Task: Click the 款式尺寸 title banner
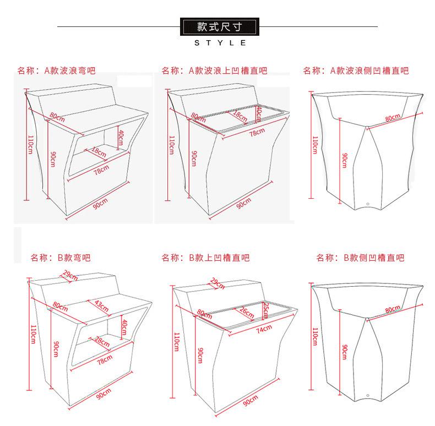(219, 26)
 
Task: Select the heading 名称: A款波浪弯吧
(57, 70)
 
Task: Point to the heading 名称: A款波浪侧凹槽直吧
(356, 70)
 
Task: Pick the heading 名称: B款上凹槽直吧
(205, 257)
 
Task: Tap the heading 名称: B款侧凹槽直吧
(360, 257)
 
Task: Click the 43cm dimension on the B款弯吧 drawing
(101, 304)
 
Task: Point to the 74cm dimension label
(264, 329)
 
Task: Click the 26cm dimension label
(246, 313)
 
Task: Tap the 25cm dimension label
(265, 310)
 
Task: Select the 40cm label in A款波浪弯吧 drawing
(121, 135)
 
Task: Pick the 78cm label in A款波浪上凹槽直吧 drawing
(257, 132)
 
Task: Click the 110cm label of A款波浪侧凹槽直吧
(315, 145)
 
